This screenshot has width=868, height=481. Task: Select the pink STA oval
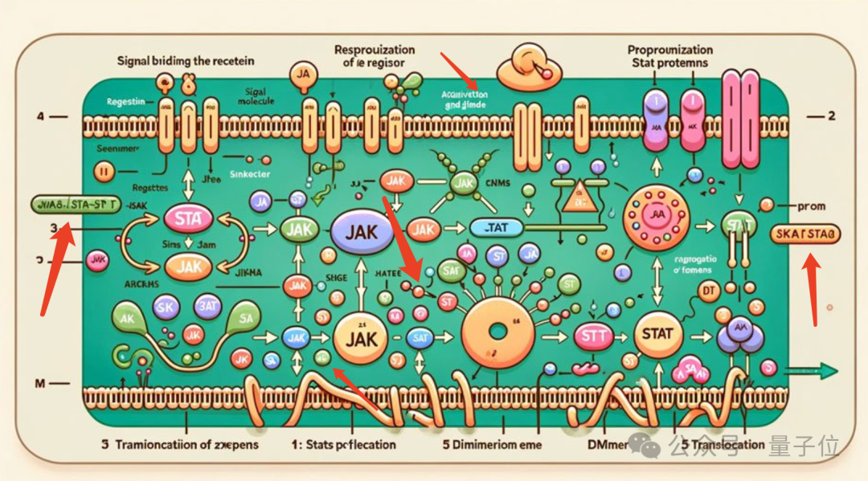pos(187,218)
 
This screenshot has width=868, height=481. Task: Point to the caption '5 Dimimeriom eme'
pos(492,444)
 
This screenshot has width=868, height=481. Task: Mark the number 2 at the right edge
pos(832,116)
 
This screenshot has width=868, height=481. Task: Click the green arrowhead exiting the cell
pos(828,370)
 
